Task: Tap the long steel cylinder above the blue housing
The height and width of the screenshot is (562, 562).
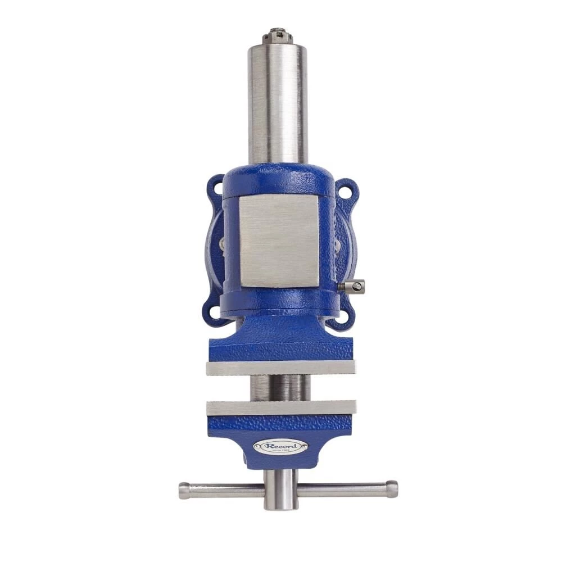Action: [278, 104]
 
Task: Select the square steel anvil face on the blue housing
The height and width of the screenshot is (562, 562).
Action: [279, 241]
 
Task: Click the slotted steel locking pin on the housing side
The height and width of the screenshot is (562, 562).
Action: [353, 287]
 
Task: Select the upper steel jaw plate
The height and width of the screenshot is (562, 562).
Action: [281, 368]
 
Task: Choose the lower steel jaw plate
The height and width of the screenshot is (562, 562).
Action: [281, 407]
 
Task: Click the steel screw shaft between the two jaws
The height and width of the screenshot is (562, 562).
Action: [279, 388]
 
